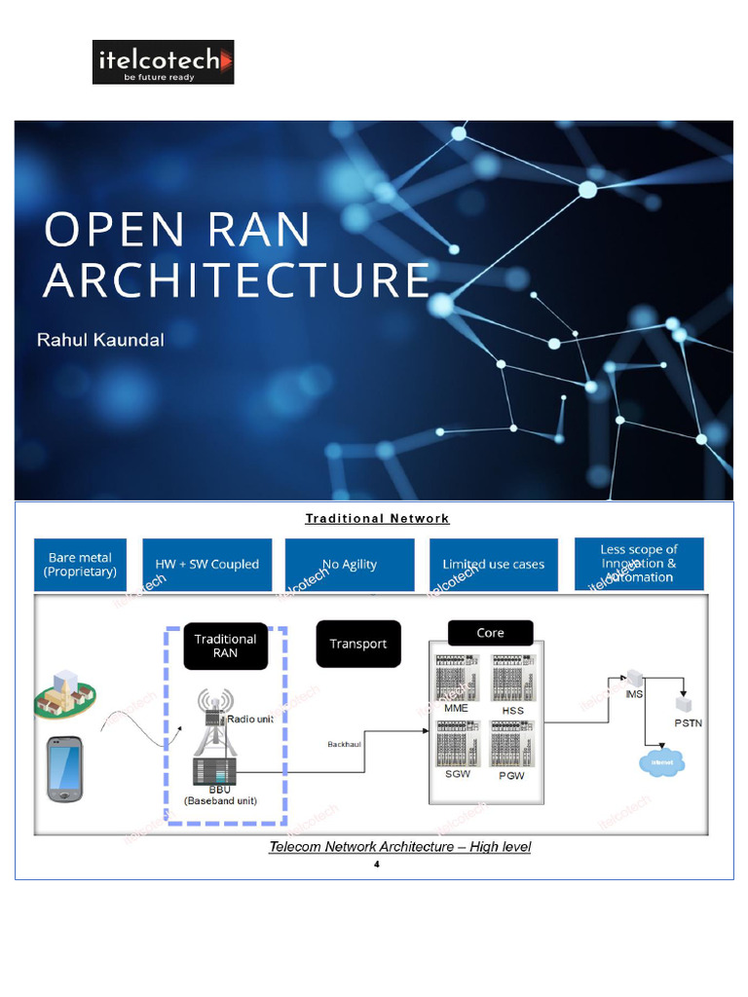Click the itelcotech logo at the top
pos(163,62)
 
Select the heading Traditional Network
pos(377,518)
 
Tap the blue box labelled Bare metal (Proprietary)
pos(80,565)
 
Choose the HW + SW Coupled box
pos(206,565)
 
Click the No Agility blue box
pos(350,565)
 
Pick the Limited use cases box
pos(493,565)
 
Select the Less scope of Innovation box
pos(638,564)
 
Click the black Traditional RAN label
pos(225,646)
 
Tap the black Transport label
pos(357,644)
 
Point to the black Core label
pos(490,633)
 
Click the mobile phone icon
pos(65,768)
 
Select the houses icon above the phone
pos(64,692)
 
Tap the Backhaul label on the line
pos(345,744)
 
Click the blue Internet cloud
pos(661,762)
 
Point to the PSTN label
pos(688,723)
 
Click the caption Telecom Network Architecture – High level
pos(399,847)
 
